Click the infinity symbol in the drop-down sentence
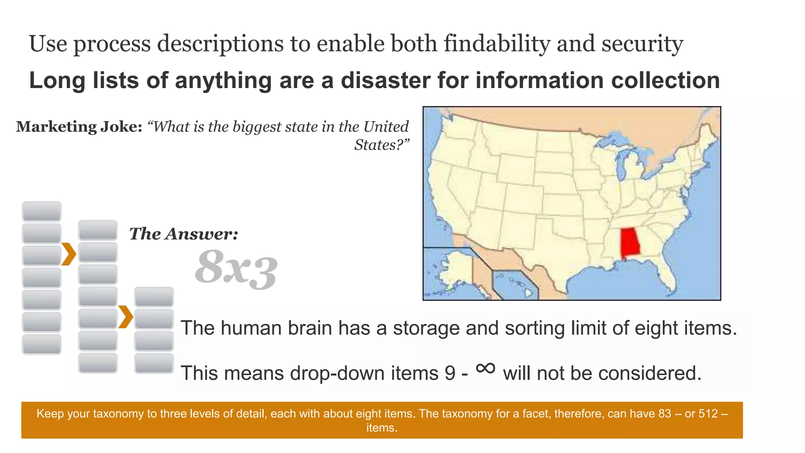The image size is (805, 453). [485, 368]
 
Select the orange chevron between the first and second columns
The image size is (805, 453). [69, 254]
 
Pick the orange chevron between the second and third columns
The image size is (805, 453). [126, 317]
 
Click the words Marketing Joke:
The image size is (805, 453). [79, 127]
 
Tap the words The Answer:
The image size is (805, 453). [184, 234]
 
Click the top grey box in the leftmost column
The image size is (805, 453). [42, 212]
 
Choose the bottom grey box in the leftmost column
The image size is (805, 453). [42, 344]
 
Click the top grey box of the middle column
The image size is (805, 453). [98, 230]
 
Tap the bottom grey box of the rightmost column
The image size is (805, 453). [154, 363]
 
